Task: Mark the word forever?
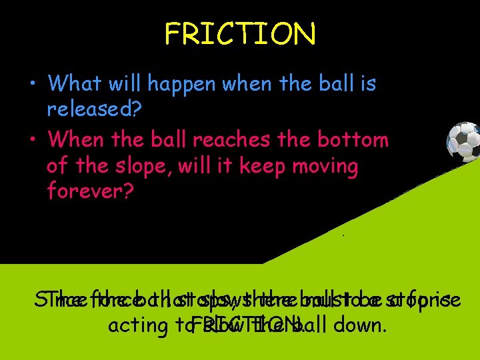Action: tap(89, 191)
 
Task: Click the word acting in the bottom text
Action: tap(134, 327)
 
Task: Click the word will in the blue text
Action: tap(124, 84)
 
